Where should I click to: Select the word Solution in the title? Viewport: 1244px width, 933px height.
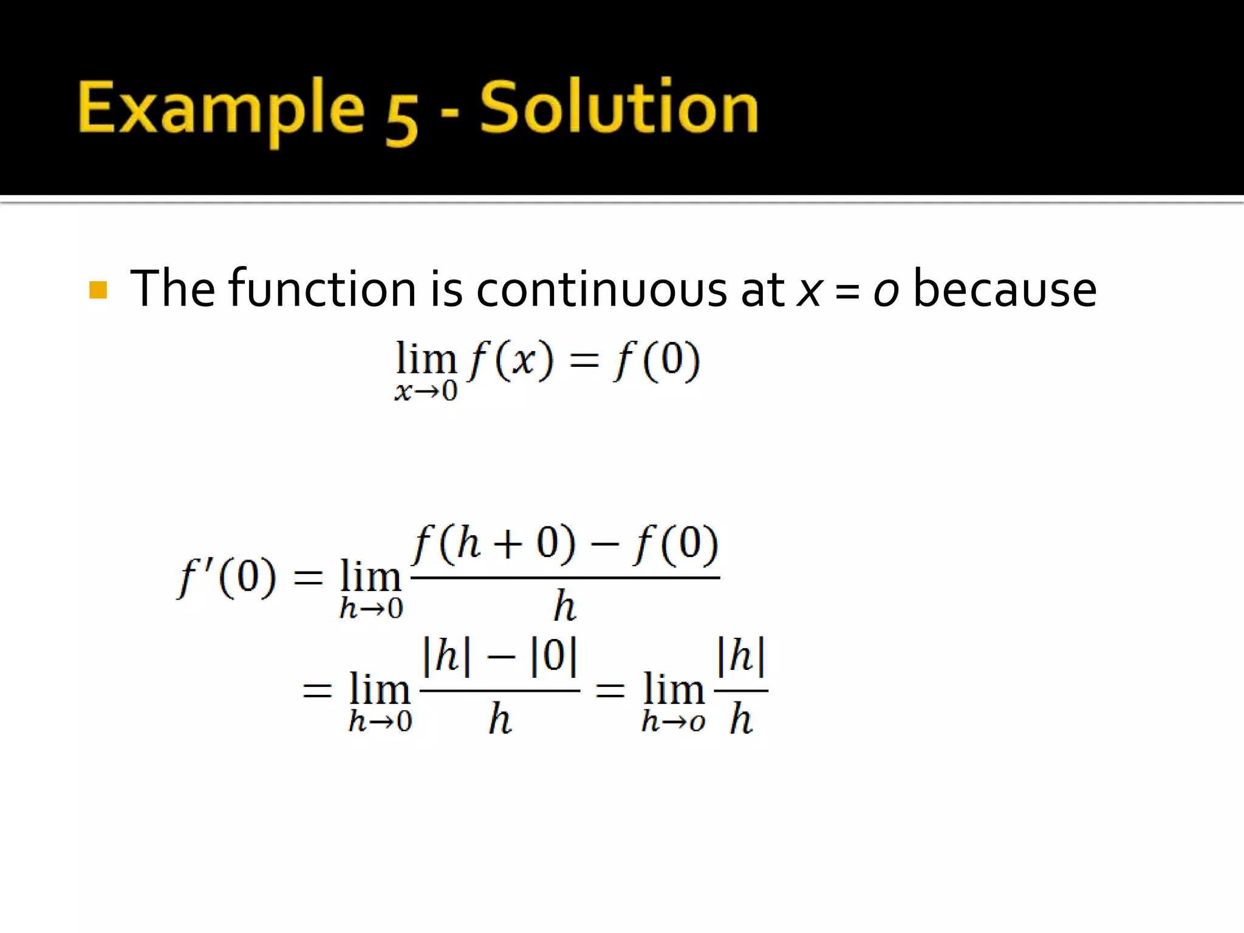pyautogui.click(x=619, y=108)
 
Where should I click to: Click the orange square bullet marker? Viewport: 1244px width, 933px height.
pyautogui.click(x=98, y=290)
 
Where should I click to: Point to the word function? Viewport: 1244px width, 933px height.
pyautogui.click(x=322, y=289)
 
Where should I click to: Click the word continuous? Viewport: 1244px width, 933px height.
pyautogui.click(x=601, y=289)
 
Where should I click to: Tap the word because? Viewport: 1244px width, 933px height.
pyautogui.click(x=1005, y=289)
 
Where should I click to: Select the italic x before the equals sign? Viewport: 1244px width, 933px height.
pyautogui.click(x=809, y=290)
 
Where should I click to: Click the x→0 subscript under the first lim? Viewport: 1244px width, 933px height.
pyautogui.click(x=426, y=391)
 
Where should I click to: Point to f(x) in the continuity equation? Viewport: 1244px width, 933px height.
pyautogui.click(x=510, y=360)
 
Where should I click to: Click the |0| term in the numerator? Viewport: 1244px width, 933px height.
pyautogui.click(x=553, y=656)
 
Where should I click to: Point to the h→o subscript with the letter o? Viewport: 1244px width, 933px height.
pyautogui.click(x=673, y=722)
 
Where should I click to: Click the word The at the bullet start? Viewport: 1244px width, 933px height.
pyautogui.click(x=173, y=289)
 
